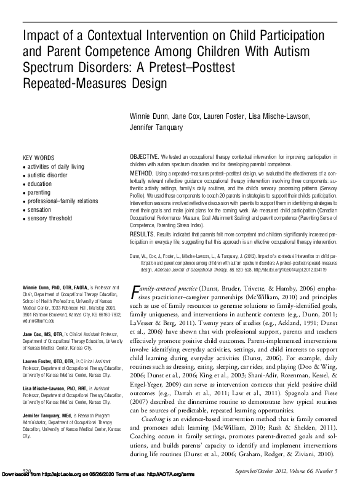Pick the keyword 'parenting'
39,192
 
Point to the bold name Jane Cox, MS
41,332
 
